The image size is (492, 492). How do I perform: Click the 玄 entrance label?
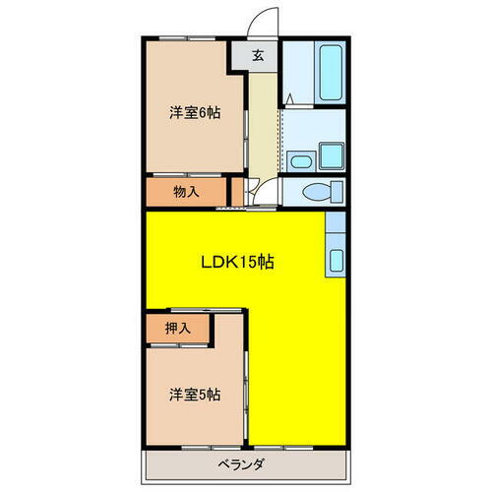click(x=257, y=56)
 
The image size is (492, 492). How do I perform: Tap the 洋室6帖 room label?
click(x=193, y=113)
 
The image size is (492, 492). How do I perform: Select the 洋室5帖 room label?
click(x=193, y=395)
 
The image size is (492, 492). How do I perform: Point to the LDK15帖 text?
click(x=238, y=263)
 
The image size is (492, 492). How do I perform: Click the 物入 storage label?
click(x=187, y=191)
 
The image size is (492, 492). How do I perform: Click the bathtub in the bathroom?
click(x=329, y=72)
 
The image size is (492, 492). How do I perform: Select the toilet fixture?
click(x=321, y=191)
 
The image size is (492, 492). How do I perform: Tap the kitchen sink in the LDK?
click(x=336, y=261)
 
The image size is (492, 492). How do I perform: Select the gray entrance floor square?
click(x=257, y=56)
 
